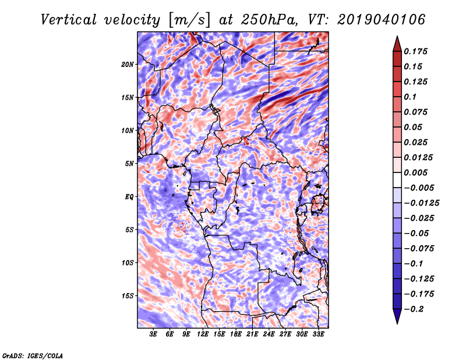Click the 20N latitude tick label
(128, 64)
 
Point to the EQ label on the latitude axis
(129, 197)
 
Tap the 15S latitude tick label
(128, 296)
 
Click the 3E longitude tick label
(154, 336)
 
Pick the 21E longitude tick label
(252, 336)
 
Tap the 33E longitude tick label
(318, 336)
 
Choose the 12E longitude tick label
(203, 336)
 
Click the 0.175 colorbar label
(416, 51)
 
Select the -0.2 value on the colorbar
(415, 309)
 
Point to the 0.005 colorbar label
(416, 172)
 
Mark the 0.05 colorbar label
(414, 127)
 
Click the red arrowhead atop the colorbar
(396, 43)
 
